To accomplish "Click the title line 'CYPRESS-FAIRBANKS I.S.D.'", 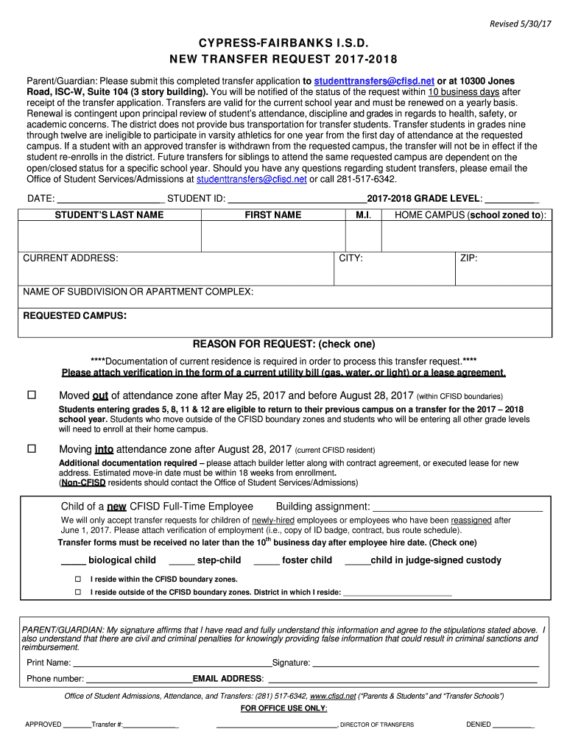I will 283,44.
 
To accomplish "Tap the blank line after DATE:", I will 110,200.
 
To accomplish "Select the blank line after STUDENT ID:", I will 297,200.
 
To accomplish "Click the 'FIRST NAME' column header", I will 272,215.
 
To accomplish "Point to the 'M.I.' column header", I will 363,215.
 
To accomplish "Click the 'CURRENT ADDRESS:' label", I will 71,258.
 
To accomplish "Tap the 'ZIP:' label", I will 469,258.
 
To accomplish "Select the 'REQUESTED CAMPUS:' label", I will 75,316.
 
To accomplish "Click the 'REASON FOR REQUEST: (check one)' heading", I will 283,344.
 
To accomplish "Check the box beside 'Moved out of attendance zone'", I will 32,395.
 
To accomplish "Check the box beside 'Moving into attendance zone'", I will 32,448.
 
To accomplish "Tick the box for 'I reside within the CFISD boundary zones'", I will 78,579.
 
